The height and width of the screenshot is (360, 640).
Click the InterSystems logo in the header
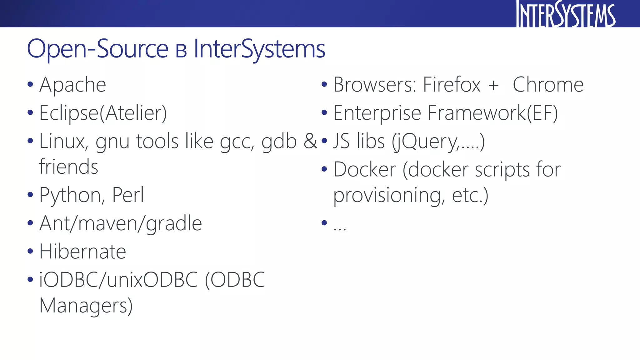[566, 14]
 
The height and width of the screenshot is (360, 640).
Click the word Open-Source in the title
[98, 49]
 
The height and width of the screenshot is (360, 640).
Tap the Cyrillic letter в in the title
[181, 51]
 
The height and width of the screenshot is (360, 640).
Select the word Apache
[73, 85]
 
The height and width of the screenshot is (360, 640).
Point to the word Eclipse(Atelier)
[103, 113]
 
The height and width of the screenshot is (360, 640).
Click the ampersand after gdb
[310, 141]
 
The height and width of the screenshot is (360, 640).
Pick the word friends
[69, 167]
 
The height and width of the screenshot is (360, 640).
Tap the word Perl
[128, 195]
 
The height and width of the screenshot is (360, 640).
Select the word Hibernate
[82, 252]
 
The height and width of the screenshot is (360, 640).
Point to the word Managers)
[86, 306]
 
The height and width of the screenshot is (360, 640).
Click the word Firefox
[452, 85]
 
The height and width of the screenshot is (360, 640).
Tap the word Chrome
[548, 85]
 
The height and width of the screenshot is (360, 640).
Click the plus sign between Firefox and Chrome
[493, 85]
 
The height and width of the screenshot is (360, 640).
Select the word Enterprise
[377, 113]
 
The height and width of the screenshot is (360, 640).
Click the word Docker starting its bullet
[365, 170]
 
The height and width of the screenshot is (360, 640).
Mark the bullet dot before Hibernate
[30, 251]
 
